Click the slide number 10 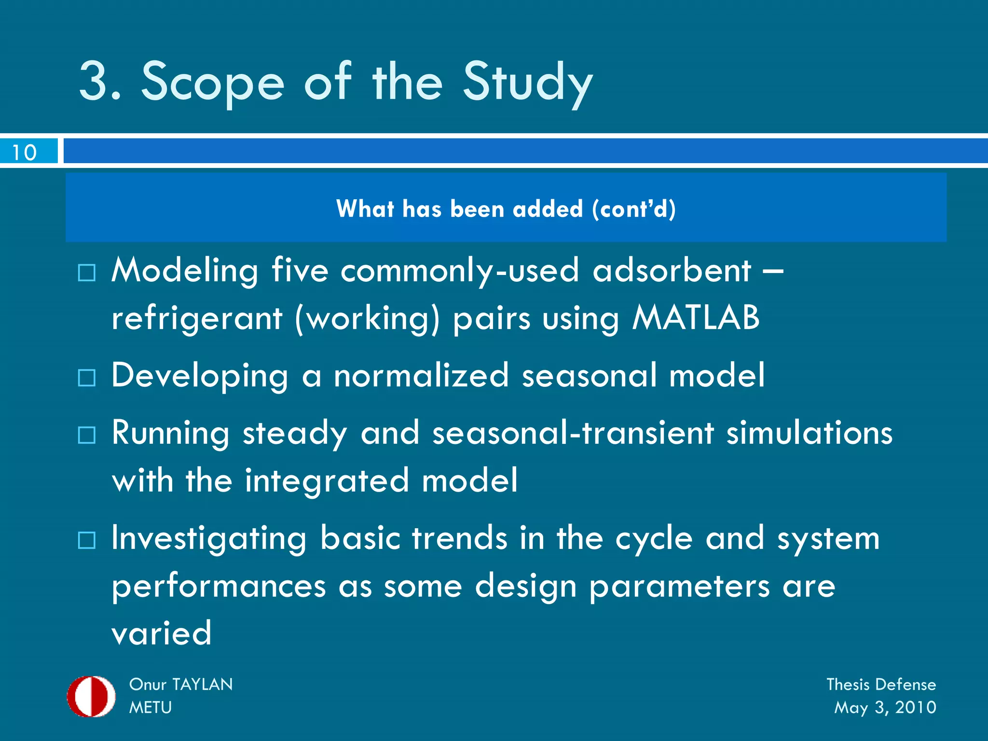coord(24,152)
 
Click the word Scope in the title coord(212,82)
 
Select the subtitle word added coord(548,209)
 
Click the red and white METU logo coord(91,696)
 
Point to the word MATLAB coord(696,318)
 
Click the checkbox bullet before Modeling coord(87,273)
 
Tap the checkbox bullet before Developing coord(87,378)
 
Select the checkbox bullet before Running coord(87,435)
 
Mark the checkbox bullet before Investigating coord(87,540)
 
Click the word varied coord(162,633)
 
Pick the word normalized coord(421,375)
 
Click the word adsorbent coord(672,270)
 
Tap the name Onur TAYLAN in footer coord(181,684)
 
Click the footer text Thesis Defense coord(881,684)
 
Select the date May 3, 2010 coord(885,707)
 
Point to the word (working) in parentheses coord(368,319)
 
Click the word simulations coord(810,433)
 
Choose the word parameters coord(679,587)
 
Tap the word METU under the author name coord(151,707)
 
